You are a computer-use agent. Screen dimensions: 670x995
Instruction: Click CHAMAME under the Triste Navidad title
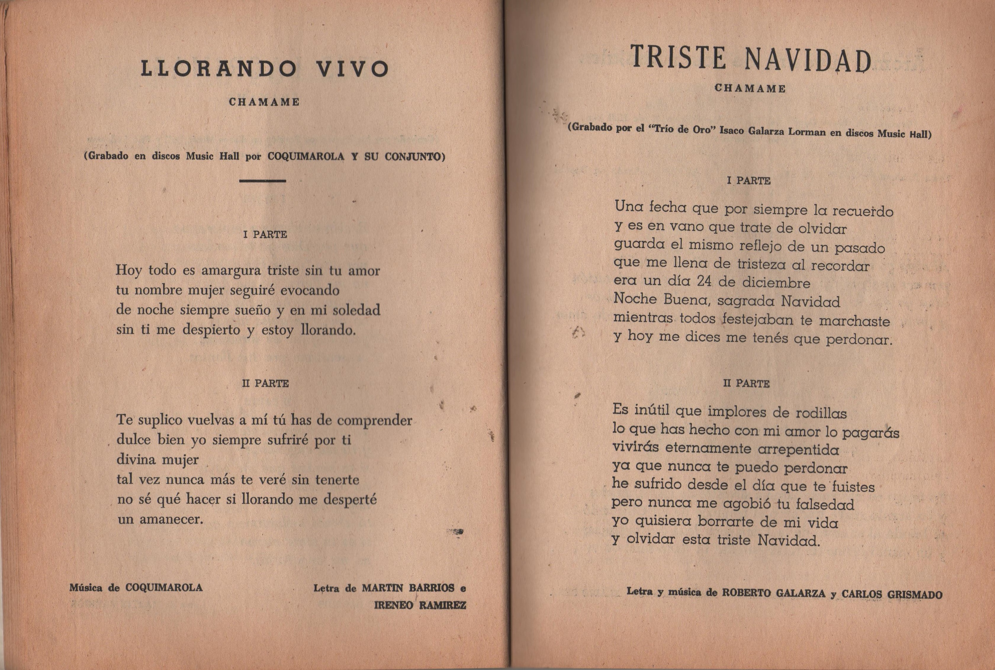[750, 88]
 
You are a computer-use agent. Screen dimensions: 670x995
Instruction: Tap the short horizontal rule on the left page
[263, 181]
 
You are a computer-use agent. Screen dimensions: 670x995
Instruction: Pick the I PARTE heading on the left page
[265, 235]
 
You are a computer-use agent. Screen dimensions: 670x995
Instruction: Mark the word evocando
[310, 290]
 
